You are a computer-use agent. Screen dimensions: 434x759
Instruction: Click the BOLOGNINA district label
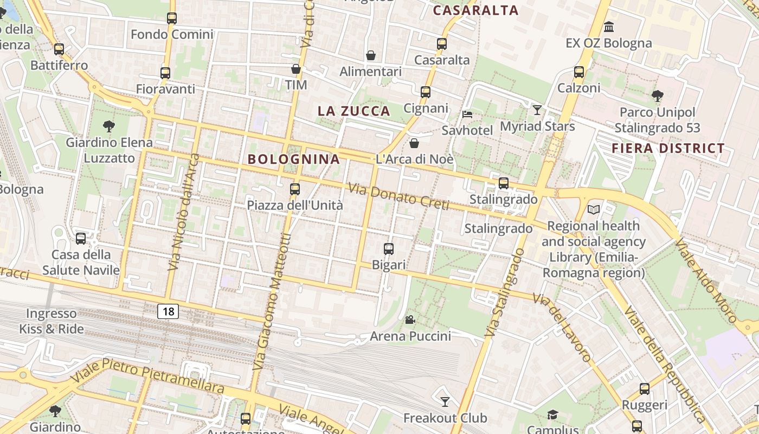coord(294,159)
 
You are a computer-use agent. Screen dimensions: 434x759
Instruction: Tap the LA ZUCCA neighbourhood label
coord(353,111)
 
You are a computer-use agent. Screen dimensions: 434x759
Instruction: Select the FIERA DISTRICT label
coord(668,148)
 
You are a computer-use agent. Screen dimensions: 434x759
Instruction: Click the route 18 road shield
coord(168,311)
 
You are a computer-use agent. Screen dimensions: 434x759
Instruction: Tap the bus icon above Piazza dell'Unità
coord(295,189)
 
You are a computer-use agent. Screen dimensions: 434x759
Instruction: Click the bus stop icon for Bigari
coord(389,249)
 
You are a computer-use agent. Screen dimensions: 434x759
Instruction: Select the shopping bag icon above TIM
coord(296,69)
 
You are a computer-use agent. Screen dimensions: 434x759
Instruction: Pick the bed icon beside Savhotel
coord(467,114)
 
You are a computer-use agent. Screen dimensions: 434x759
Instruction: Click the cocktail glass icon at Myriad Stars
coord(537,110)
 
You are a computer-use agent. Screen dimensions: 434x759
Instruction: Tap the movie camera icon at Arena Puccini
coord(410,320)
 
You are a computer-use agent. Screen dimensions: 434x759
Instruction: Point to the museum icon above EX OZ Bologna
coord(609,27)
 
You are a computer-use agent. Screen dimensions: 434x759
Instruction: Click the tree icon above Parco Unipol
coord(657,97)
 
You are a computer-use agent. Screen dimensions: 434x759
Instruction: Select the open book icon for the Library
coord(594,209)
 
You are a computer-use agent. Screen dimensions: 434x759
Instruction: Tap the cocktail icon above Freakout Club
coord(445,401)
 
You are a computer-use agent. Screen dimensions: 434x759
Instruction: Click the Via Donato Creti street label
coord(398,196)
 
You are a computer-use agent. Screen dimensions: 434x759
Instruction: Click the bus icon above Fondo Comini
coord(172,18)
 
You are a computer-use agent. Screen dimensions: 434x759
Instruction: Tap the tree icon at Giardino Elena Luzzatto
coord(109,126)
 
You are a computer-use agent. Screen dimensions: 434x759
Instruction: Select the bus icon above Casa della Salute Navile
coord(81,238)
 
